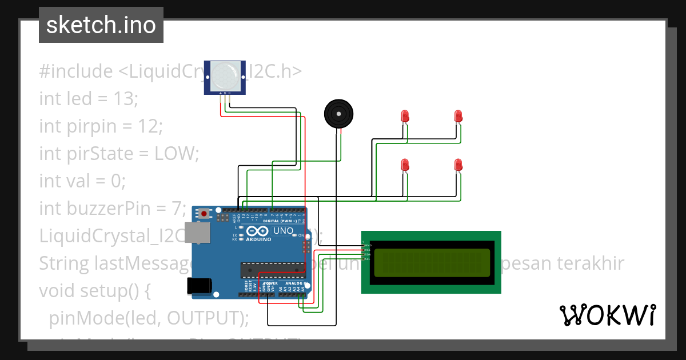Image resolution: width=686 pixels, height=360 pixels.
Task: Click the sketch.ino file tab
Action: (101, 25)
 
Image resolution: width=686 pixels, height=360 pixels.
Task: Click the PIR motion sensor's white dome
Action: (225, 75)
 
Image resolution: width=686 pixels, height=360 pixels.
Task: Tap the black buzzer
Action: (338, 114)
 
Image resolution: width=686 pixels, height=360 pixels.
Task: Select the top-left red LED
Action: (405, 116)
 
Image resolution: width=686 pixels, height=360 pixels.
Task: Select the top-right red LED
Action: (458, 116)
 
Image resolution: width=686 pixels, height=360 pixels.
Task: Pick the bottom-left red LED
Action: (405, 165)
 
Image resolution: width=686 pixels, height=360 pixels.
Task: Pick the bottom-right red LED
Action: (458, 165)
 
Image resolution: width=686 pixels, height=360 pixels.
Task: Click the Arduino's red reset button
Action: (204, 214)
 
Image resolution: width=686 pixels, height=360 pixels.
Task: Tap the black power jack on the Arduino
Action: (200, 286)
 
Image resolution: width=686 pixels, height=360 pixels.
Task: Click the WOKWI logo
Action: (607, 315)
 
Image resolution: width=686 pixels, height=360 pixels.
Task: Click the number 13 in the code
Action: (123, 99)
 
